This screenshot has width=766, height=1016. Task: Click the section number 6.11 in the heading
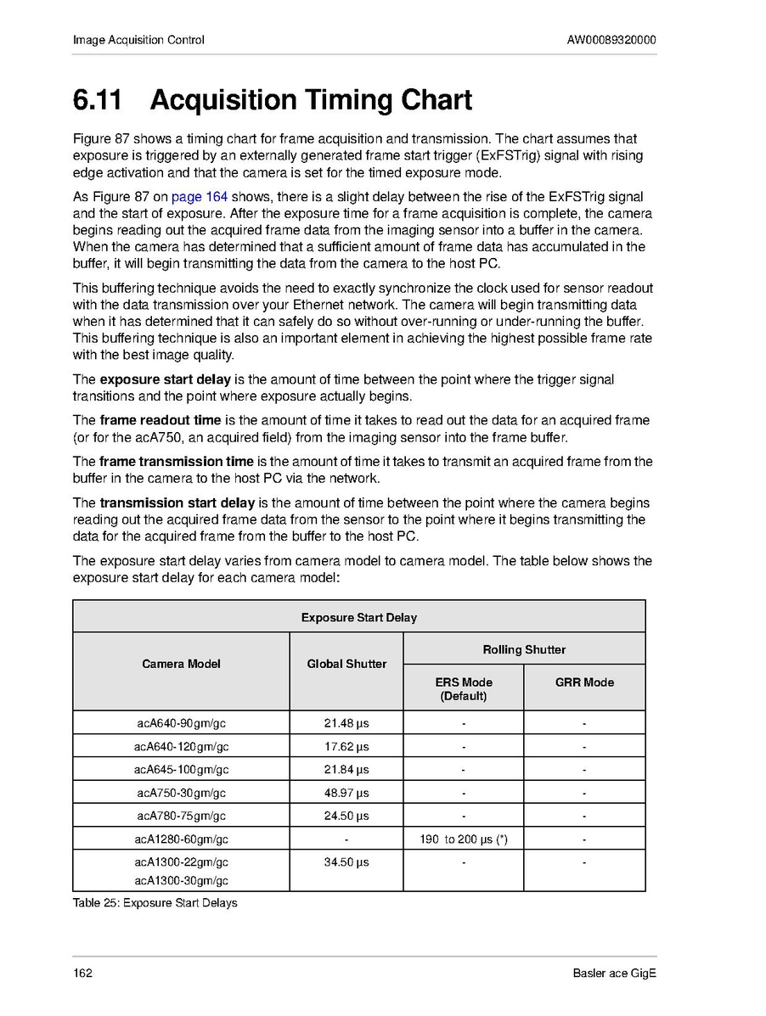pyautogui.click(x=98, y=100)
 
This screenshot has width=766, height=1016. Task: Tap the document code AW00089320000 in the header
pyautogui.click(x=611, y=40)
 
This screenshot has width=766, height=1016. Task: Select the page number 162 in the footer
pyautogui.click(x=82, y=973)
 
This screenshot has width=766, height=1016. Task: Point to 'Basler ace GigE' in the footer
pyautogui.click(x=615, y=973)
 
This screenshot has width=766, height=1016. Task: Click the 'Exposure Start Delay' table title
pyautogui.click(x=358, y=617)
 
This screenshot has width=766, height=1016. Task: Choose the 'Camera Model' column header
pyautogui.click(x=181, y=664)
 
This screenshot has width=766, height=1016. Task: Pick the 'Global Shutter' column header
pyautogui.click(x=346, y=664)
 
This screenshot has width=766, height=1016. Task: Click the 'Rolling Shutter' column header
pyautogui.click(x=524, y=649)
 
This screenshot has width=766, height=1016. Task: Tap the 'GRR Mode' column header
pyautogui.click(x=584, y=682)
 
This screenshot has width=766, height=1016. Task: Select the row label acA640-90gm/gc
pyautogui.click(x=181, y=723)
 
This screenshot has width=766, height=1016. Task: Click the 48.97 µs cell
pyautogui.click(x=346, y=793)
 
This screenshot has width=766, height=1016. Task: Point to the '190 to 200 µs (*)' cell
pyautogui.click(x=464, y=839)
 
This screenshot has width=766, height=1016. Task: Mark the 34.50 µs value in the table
pyautogui.click(x=346, y=862)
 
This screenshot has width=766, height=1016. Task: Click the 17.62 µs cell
pyautogui.click(x=346, y=747)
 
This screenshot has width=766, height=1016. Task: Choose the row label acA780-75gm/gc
pyautogui.click(x=181, y=817)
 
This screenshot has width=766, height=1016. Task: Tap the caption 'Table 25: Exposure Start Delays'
pyautogui.click(x=155, y=903)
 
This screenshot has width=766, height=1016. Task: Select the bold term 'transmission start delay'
pyautogui.click(x=177, y=503)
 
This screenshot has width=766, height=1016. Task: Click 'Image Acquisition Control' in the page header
pyautogui.click(x=138, y=40)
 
